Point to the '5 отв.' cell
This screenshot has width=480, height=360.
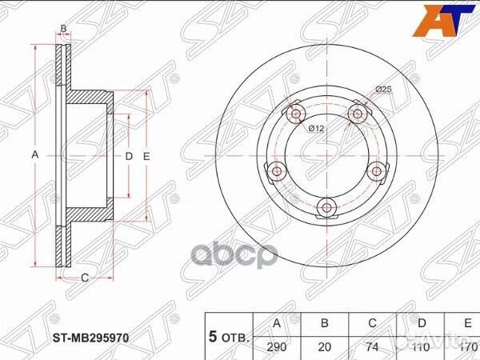click(230, 336)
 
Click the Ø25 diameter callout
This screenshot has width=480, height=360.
click(383, 90)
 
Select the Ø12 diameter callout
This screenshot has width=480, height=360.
click(318, 128)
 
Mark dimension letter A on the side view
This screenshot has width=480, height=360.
click(34, 156)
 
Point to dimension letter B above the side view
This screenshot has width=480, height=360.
click(64, 29)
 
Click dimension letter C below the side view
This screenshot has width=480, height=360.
click(84, 278)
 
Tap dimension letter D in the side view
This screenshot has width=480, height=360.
click(128, 156)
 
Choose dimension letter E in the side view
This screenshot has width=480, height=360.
click(146, 156)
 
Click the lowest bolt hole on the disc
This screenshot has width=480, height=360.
click(326, 208)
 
